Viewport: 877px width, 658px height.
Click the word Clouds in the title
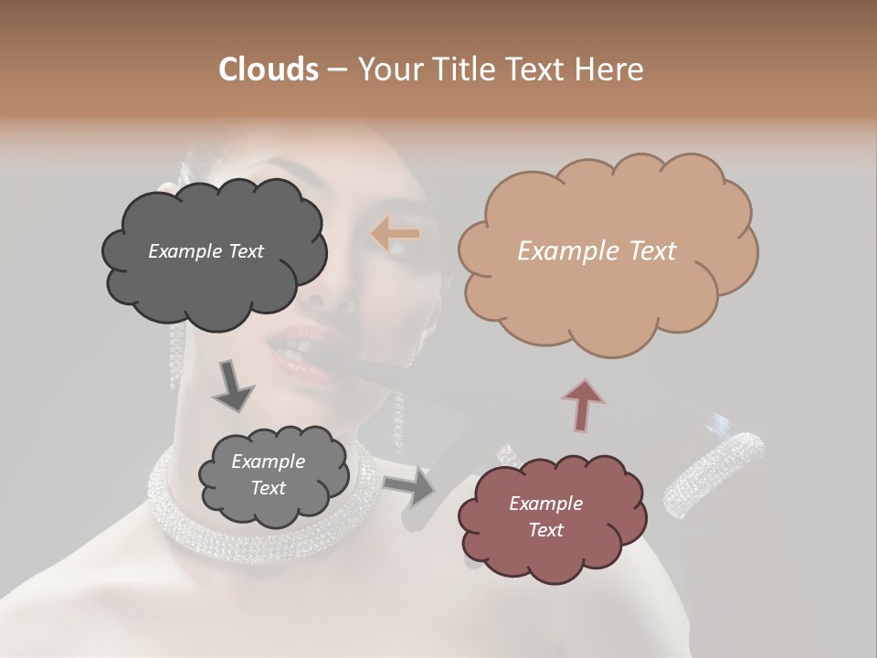click(x=268, y=69)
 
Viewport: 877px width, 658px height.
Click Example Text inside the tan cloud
click(x=597, y=250)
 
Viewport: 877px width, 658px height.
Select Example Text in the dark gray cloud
click(x=206, y=251)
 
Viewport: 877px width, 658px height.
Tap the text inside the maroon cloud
click(x=545, y=516)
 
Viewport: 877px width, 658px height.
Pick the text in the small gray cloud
click(x=268, y=475)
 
